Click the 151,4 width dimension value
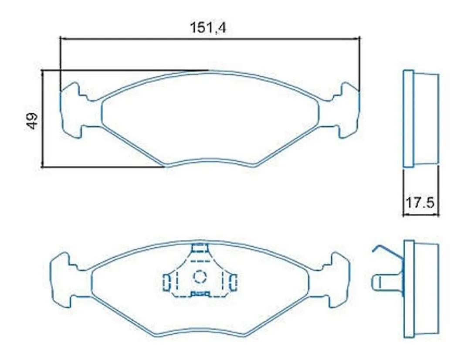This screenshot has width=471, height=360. [x=208, y=28]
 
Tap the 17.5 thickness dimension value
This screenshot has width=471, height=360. [x=420, y=203]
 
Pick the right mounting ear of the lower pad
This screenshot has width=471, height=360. [x=335, y=280]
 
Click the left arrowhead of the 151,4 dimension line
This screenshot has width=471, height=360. [x=62, y=38]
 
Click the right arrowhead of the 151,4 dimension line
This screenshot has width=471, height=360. [x=357, y=38]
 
